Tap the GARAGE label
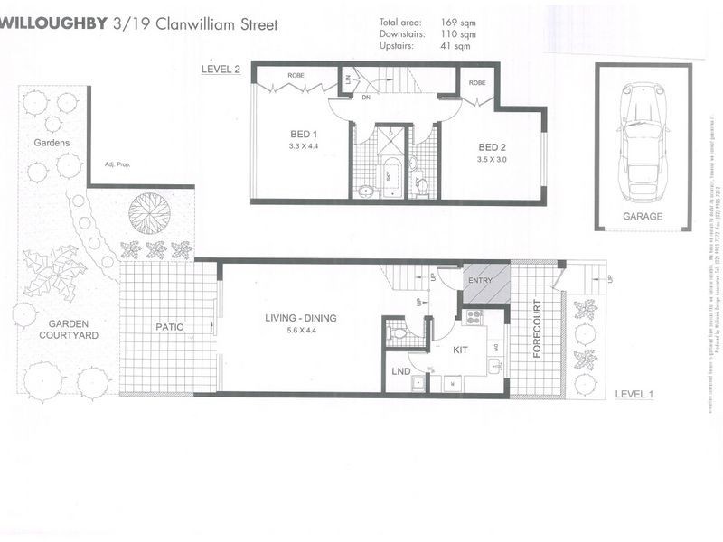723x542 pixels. [x=643, y=217]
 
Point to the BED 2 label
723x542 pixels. [x=493, y=147]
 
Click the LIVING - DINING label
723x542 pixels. [x=300, y=317]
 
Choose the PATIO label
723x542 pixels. [x=170, y=327]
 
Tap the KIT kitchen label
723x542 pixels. [x=460, y=348]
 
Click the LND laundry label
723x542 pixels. [x=401, y=371]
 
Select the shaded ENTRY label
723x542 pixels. [x=481, y=281]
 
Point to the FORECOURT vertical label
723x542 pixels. [x=537, y=328]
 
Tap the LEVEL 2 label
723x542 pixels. [x=221, y=70]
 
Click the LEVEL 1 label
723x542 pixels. [x=633, y=394]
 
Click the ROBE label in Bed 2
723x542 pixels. [x=477, y=82]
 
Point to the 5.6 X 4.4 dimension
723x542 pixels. [x=300, y=331]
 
